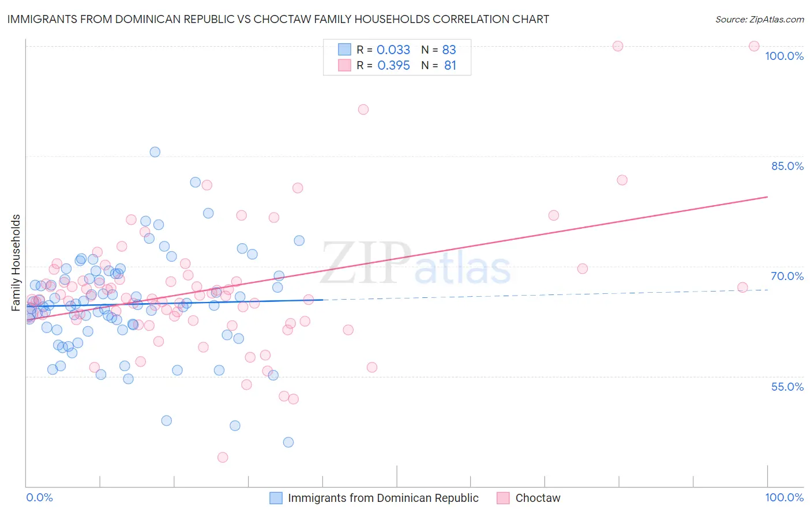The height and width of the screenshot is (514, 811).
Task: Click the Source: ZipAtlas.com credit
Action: coord(759,19)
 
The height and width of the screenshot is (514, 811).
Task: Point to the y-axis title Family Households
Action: coord(16,263)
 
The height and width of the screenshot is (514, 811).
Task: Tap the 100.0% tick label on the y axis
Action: coord(784,56)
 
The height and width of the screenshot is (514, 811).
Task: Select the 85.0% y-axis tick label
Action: coord(787,166)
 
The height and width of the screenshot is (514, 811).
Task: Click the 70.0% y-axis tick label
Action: coord(787,276)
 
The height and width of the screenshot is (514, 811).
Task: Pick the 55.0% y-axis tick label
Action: coord(787,387)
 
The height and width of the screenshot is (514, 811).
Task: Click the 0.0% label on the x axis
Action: coord(39,497)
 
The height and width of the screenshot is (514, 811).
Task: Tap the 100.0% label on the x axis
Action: coord(784,497)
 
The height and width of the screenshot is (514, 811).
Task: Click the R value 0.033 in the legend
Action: coord(393,50)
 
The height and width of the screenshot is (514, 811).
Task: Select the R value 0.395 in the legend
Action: coord(393,66)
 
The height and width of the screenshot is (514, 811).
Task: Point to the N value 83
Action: coord(449,50)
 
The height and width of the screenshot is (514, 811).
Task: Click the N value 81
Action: coord(450,66)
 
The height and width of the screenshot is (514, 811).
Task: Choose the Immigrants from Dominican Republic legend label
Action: coord(383,498)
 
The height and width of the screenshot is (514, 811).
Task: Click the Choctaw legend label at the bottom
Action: coord(538,498)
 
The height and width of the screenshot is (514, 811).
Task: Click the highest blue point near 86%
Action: coord(155,152)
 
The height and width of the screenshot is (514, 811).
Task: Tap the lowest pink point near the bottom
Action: coord(223,458)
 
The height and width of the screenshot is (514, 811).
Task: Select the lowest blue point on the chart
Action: coord(288,443)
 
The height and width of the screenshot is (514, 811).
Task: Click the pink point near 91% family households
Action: coord(363,109)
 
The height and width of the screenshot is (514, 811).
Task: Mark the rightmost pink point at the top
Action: coord(754,46)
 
